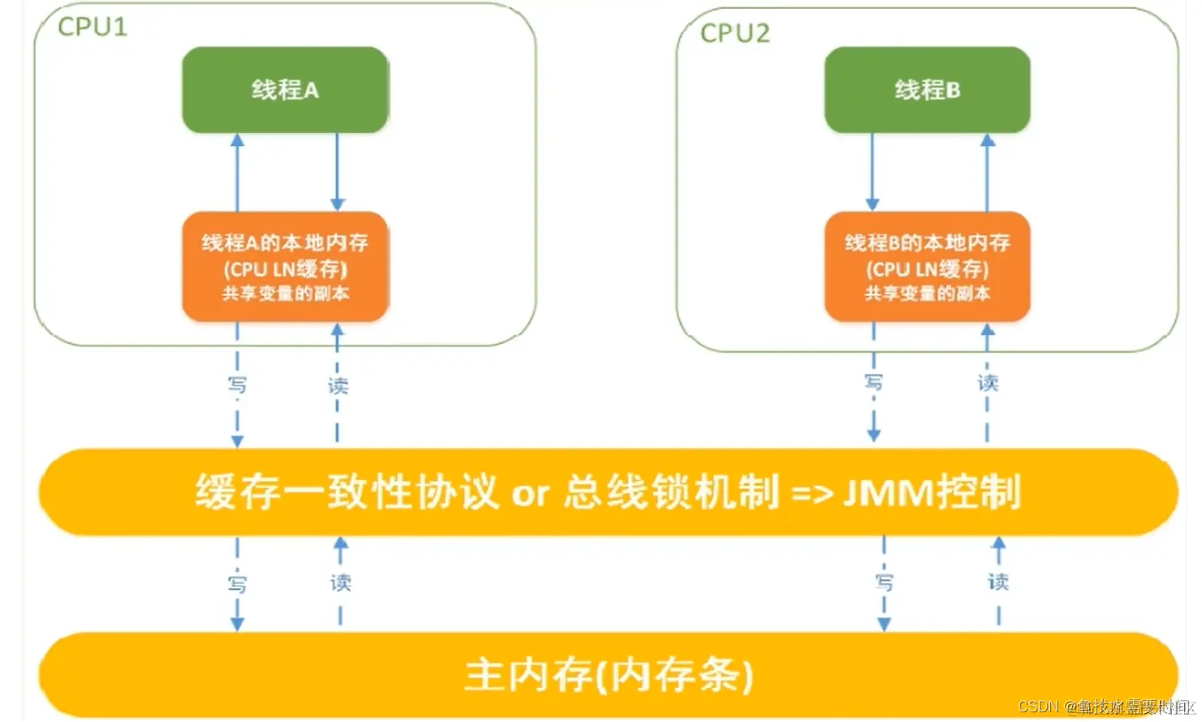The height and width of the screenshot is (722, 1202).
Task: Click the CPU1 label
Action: coord(92,27)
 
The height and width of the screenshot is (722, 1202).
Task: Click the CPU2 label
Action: coord(735,33)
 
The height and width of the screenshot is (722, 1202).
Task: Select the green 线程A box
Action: coord(285,90)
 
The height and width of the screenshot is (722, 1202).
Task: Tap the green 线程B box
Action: coord(927,90)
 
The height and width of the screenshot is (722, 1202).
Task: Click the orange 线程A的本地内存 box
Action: coord(285,267)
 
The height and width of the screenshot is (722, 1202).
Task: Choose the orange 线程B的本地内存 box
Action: coord(927,267)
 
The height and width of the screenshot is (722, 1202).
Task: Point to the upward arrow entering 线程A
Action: coord(237,172)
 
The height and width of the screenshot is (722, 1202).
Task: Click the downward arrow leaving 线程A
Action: coord(338,172)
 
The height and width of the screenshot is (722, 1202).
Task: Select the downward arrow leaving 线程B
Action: coord(872,172)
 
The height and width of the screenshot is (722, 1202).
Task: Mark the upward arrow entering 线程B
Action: coord(988,172)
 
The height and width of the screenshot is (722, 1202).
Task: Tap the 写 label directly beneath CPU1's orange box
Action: coord(237,385)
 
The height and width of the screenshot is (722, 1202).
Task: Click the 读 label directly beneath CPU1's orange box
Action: coord(338,385)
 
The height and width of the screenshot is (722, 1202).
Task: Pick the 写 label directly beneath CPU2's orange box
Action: coord(873,381)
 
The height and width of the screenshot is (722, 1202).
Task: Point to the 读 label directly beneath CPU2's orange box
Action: coord(988,382)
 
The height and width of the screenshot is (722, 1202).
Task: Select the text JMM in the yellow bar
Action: coord(888,492)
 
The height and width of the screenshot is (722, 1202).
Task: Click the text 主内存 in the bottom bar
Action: coord(528,675)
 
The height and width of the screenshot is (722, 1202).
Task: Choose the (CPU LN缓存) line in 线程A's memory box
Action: coord(285,269)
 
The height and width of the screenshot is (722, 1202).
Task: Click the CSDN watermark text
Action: coord(1038,707)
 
